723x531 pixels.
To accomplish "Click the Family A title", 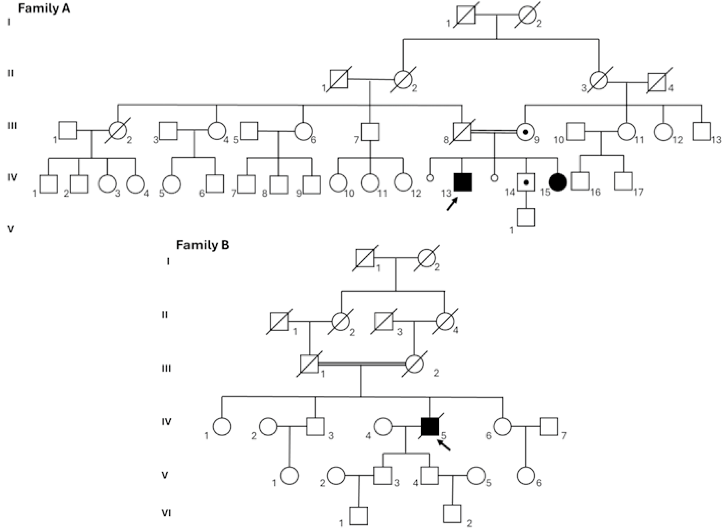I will (x=44, y=8).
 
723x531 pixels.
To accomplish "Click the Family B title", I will (x=203, y=245).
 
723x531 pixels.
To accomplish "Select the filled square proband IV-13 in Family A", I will (x=463, y=182).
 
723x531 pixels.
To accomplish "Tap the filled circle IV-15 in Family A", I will (x=558, y=182).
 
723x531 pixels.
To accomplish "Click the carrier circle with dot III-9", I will (x=525, y=132).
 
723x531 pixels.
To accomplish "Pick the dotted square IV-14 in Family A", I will (x=526, y=182).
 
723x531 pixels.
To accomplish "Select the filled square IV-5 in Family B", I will (x=430, y=427).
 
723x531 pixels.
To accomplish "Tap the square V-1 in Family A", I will (x=526, y=217).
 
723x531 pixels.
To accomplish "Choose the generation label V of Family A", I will (x=10, y=229).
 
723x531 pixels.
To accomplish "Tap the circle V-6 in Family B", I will (x=526, y=476).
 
